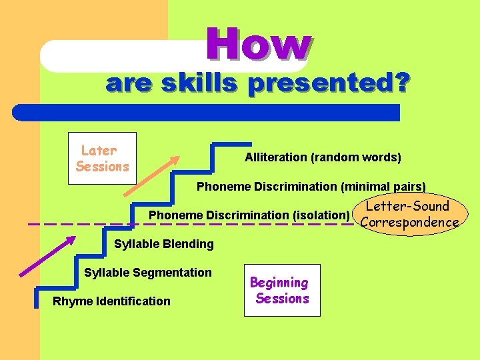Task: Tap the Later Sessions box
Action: tap(102, 159)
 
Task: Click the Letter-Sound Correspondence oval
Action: tap(409, 214)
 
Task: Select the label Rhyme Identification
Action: tap(111, 301)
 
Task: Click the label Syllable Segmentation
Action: tap(147, 272)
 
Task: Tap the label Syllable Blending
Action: tap(163, 244)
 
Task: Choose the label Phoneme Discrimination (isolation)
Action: tap(249, 215)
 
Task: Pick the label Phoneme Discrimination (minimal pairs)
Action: tap(311, 187)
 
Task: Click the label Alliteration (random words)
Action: tap(323, 157)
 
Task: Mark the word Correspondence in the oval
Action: tap(409, 222)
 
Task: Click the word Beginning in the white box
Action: tap(279, 283)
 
